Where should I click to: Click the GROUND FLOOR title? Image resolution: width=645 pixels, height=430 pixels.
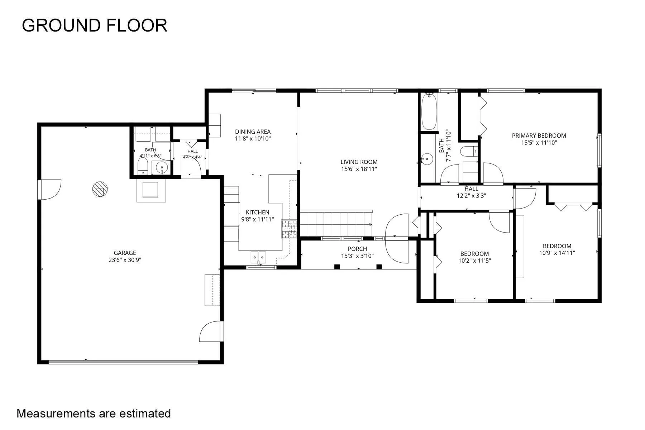pos(95,26)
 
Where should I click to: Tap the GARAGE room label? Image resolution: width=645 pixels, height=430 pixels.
pos(125,253)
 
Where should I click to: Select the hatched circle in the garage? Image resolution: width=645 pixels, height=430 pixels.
pos(100,189)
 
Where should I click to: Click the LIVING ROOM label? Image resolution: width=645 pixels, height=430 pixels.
pos(359,162)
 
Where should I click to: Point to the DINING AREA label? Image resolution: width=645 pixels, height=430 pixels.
pos(253,132)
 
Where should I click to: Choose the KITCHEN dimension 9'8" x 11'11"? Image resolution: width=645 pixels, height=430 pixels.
pos(257,219)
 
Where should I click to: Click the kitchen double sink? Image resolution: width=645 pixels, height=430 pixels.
pos(258,257)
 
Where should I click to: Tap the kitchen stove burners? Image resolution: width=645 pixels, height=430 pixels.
pos(289,229)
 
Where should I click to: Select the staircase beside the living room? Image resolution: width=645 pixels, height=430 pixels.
pos(336,224)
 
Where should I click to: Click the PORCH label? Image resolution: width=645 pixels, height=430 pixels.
pos(357,249)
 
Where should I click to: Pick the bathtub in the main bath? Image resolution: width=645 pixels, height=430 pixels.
pos(429,111)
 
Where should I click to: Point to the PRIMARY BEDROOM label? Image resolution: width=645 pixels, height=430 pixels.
pos(539,136)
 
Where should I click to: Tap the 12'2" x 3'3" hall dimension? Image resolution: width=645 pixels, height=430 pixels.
pos(471,196)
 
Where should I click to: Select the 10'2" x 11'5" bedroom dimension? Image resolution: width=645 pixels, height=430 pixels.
pos(474,261)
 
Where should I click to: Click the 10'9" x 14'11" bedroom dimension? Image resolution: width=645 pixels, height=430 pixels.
pos(557,253)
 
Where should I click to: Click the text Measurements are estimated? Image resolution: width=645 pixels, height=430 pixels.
pos(94,414)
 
